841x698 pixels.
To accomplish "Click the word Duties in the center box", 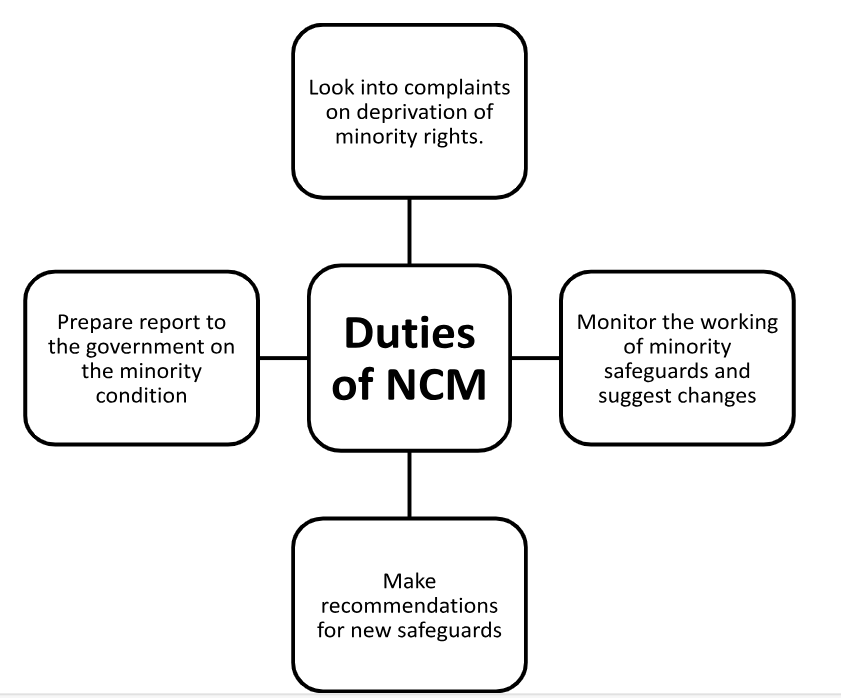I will point(409,333).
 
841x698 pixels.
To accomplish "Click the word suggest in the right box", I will point(649,394).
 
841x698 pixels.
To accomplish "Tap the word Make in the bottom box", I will point(408,581).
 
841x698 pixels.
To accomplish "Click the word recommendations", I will point(409,606).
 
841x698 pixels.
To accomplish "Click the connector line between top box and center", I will point(409,231).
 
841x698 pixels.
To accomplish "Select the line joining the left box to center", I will point(283,357).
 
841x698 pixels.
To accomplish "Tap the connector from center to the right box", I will point(535,357).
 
